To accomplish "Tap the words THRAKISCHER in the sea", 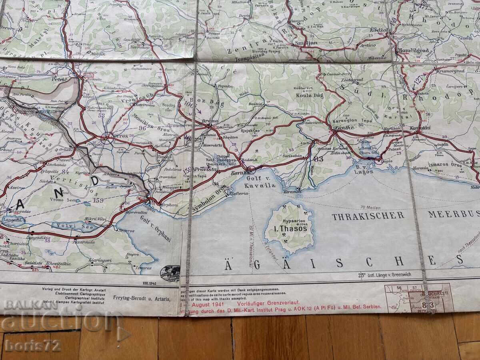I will point(368,216).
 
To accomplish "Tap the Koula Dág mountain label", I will point(306,96).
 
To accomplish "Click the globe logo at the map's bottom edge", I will point(170,273).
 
